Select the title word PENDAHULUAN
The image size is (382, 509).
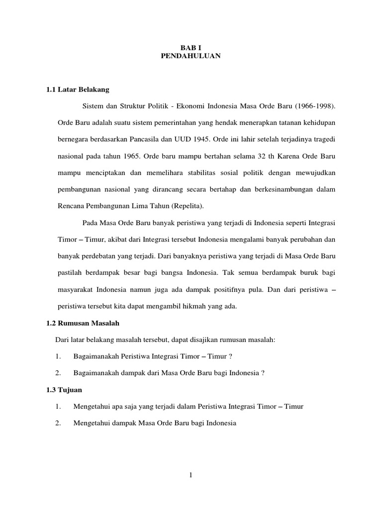(x=191, y=57)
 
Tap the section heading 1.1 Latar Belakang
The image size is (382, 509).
(x=77, y=89)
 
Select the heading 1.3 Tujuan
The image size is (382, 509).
(x=64, y=390)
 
